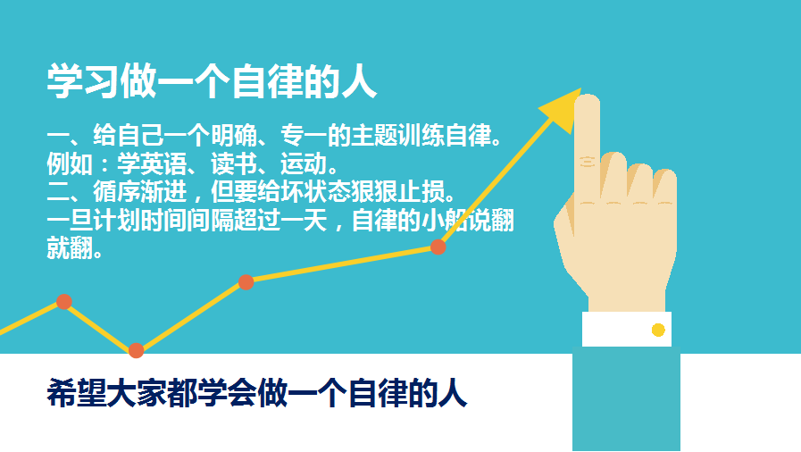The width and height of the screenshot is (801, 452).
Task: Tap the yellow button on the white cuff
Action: (x=658, y=331)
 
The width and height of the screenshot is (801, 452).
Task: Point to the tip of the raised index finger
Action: (x=587, y=96)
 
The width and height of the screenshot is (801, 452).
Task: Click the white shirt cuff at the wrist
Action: (x=627, y=330)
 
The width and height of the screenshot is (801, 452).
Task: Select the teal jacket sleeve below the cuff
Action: (x=626, y=399)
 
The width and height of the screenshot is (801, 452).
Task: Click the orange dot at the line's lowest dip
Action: (x=136, y=351)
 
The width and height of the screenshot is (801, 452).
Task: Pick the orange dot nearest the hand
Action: (x=438, y=247)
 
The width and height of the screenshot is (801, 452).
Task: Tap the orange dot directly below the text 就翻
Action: (x=64, y=302)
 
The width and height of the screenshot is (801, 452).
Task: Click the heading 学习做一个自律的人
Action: (x=212, y=81)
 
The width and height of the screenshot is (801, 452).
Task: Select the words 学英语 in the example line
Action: (x=152, y=164)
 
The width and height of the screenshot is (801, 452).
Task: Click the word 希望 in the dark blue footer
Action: (x=77, y=393)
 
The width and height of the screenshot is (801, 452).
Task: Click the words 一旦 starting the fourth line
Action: (x=70, y=221)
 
